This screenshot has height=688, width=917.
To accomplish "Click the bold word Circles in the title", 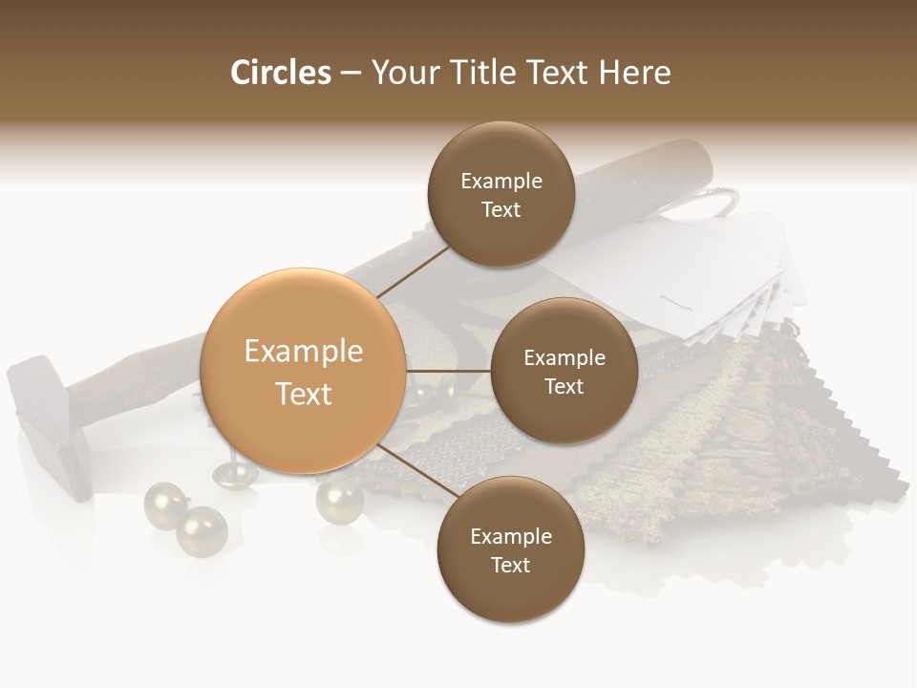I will tap(281, 73).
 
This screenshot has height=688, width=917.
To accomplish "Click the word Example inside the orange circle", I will tap(304, 352).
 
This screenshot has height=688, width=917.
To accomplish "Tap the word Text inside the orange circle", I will tap(304, 394).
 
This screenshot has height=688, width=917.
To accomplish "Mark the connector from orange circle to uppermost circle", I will tap(413, 271).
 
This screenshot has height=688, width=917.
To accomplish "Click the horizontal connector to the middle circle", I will tap(448, 371).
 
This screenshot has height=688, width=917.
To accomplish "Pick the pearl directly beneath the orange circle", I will tap(339, 498).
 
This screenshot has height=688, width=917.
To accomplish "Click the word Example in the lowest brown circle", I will tap(511, 536).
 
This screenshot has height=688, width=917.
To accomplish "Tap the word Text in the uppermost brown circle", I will tap(501, 210).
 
